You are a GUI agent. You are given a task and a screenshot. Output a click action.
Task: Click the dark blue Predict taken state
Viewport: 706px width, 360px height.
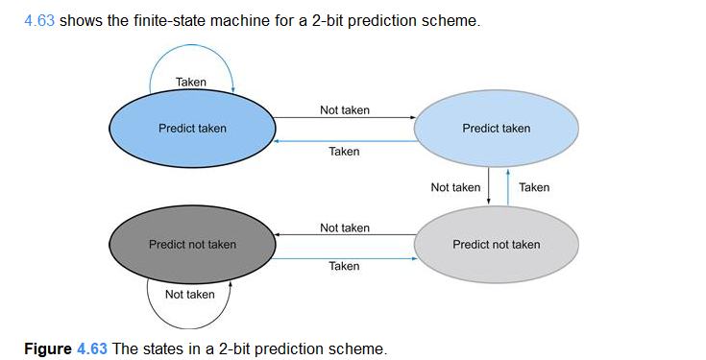pyautogui.click(x=191, y=129)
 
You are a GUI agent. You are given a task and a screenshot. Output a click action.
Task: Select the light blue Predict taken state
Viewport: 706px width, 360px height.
pyautogui.click(x=496, y=129)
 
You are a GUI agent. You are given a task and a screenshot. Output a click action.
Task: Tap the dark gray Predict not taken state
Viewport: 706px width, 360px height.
pyautogui.click(x=191, y=244)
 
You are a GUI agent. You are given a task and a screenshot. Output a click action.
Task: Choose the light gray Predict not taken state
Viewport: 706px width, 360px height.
pyautogui.click(x=496, y=244)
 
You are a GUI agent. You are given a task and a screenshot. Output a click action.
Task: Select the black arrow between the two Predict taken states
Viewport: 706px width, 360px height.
pyautogui.click(x=344, y=118)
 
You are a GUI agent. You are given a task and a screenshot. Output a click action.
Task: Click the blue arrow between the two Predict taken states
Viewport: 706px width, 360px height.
pyautogui.click(x=344, y=140)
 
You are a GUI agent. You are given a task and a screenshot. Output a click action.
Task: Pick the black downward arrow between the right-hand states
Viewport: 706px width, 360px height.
pyautogui.click(x=490, y=186)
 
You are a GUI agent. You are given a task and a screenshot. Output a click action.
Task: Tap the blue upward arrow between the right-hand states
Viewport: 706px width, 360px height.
pyautogui.click(x=507, y=186)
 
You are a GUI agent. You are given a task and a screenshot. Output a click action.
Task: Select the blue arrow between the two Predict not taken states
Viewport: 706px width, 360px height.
pyautogui.click(x=344, y=255)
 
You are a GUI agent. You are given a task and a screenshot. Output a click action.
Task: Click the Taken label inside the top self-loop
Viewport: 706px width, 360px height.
pyautogui.click(x=191, y=83)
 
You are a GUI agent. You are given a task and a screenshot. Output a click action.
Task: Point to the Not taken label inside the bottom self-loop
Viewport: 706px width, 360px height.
pyautogui.click(x=189, y=294)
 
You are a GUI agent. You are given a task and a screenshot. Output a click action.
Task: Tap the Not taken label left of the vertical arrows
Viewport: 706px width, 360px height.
pyautogui.click(x=455, y=187)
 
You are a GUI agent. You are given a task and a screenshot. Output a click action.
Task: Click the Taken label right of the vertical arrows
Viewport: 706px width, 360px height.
pyautogui.click(x=534, y=187)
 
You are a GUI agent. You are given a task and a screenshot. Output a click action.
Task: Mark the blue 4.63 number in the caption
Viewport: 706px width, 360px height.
pyautogui.click(x=92, y=348)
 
